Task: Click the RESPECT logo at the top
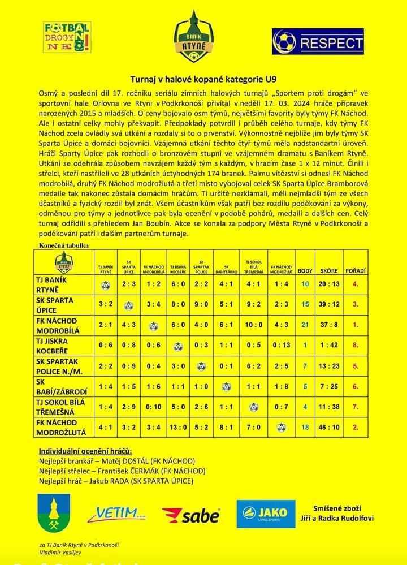318,42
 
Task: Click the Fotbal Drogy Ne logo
66,37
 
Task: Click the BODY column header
305,271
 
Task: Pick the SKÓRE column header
329,271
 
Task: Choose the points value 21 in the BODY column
305,325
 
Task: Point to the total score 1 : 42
329,345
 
